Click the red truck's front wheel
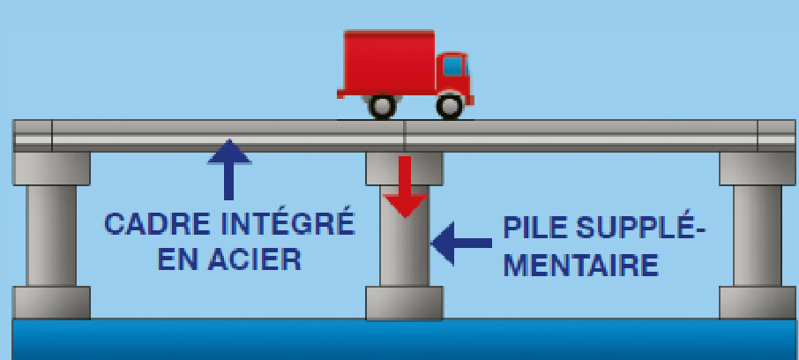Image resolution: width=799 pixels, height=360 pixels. pyautogui.click(x=450, y=106)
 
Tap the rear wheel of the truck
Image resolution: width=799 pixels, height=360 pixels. pyautogui.click(x=383, y=106)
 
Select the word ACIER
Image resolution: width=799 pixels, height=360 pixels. pyautogui.click(x=258, y=260)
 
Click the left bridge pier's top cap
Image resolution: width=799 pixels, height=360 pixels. pyautogui.click(x=52, y=168)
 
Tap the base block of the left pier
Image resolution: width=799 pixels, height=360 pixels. pyautogui.click(x=52, y=302)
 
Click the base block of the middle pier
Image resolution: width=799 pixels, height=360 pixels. pyautogui.click(x=405, y=303)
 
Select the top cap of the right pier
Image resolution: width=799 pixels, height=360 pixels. pyautogui.click(x=758, y=168)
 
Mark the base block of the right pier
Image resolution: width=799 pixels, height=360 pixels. pyautogui.click(x=758, y=302)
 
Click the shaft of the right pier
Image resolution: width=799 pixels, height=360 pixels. pyautogui.click(x=758, y=235)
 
